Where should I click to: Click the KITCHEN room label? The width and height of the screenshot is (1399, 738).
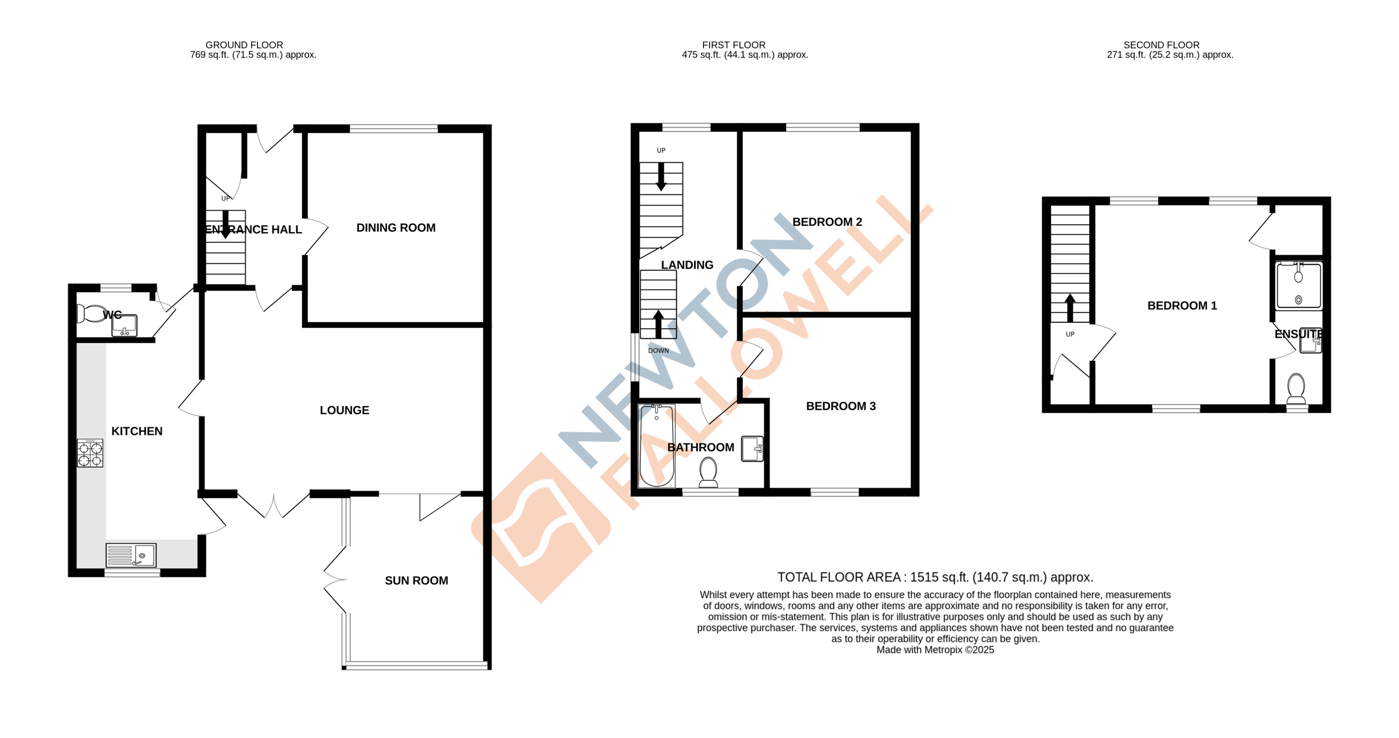point(137,431)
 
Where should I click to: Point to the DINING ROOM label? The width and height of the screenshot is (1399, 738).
point(396,228)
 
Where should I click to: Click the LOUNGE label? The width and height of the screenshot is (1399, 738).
point(344,410)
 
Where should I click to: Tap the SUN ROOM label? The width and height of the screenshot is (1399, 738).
point(417,580)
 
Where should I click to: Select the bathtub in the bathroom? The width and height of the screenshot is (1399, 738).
point(657,446)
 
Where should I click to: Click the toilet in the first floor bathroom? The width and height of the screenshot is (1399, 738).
point(708,472)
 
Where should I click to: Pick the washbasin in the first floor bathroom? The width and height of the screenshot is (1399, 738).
point(752,449)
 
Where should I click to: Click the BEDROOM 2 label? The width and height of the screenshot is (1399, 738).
point(827,222)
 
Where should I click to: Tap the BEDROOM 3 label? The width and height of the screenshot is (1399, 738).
point(841,406)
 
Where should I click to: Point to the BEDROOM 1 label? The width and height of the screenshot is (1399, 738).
point(1182,306)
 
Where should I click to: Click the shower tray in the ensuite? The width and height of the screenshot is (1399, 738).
point(1299,285)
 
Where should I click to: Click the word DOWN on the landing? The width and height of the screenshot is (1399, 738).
point(658,350)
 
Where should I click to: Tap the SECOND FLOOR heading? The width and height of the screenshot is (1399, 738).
point(1161,45)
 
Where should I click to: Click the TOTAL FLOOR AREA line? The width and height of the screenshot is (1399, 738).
point(935,577)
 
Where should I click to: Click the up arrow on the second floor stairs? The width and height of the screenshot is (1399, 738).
point(1070,308)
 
